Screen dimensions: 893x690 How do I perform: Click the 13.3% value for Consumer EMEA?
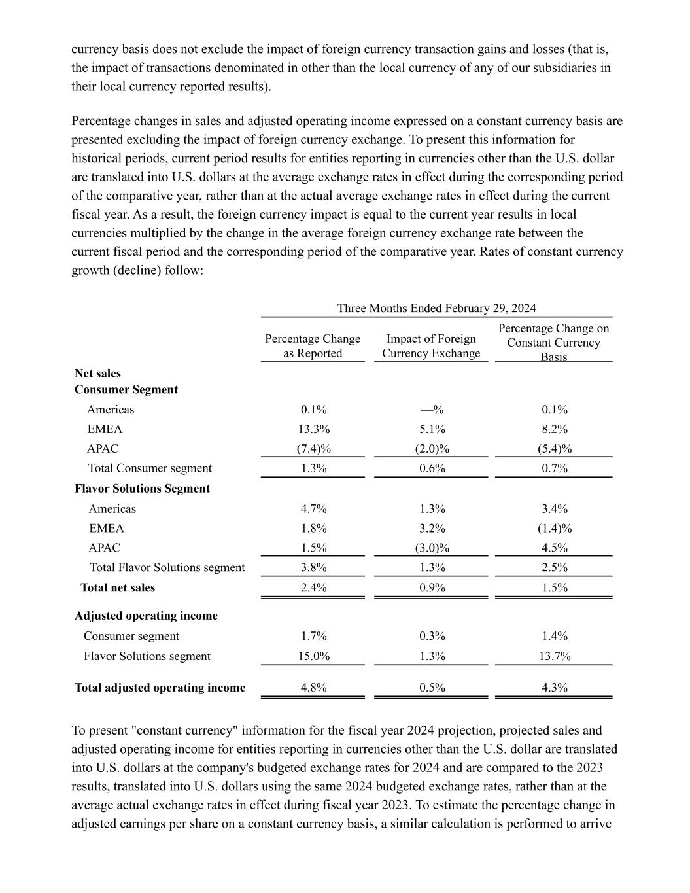313,429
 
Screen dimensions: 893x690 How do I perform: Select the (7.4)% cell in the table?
313,449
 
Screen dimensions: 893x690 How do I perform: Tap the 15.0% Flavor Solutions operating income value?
313,656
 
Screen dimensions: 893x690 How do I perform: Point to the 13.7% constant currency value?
555,656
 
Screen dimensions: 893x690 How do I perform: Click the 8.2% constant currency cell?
555,429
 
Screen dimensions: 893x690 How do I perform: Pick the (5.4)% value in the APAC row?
555,449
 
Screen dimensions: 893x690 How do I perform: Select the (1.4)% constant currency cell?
555,528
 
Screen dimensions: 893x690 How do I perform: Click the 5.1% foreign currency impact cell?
432,429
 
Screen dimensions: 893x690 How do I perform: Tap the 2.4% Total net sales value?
313,587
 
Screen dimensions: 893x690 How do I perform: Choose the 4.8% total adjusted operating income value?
313,688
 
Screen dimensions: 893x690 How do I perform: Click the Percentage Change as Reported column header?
313,346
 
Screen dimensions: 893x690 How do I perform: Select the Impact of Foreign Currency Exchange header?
431,346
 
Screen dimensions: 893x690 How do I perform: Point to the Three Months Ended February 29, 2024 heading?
436,308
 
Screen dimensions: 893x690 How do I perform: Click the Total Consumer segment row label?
150,468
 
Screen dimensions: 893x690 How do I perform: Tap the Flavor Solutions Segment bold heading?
142,489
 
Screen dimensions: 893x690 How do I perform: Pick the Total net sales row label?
118,587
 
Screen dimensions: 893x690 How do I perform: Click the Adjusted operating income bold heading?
146,616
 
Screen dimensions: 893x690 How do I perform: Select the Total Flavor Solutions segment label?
167,567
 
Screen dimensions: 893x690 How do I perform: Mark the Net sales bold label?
97,374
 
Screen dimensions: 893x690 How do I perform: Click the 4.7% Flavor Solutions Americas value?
313,508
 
